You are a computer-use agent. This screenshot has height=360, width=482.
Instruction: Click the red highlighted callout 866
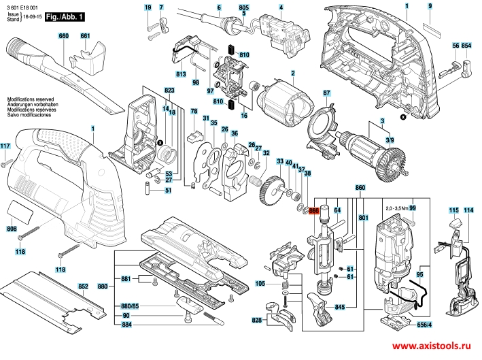coord(313,211)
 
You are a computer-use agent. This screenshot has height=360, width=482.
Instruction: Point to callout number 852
coord(83,287)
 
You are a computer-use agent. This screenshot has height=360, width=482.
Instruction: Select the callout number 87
coord(326,93)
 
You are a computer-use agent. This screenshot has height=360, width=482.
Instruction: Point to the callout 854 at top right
coord(466,45)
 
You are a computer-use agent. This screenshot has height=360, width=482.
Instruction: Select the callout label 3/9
coord(389,140)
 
